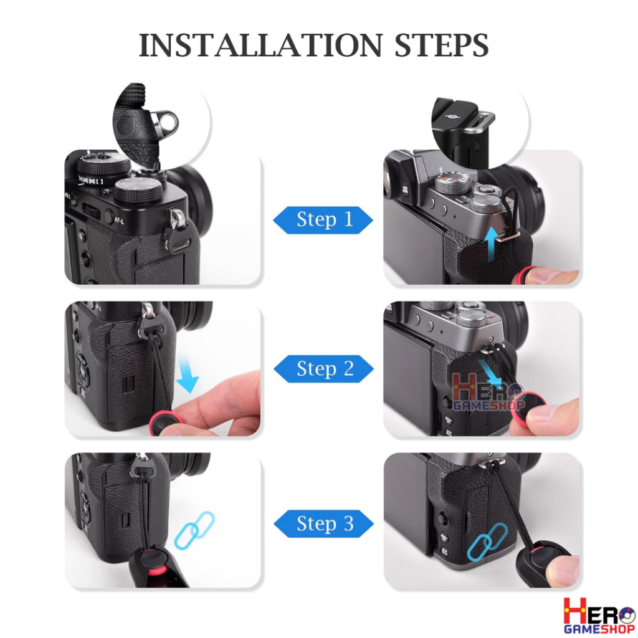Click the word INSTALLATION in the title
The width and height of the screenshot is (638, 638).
click(261, 45)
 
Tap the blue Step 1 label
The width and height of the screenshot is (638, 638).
click(323, 220)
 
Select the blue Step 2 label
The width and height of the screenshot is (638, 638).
click(324, 369)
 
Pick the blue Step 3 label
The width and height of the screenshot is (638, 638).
click(324, 523)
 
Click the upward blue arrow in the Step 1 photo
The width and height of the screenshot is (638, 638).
click(492, 243)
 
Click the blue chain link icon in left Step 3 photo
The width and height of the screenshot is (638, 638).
click(194, 530)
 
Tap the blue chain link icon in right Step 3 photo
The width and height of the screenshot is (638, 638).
click(487, 542)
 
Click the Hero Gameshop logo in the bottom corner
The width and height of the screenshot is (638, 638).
click(599, 615)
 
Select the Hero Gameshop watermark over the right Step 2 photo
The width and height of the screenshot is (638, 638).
click(488, 393)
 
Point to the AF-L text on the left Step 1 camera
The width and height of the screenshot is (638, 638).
click(119, 221)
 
